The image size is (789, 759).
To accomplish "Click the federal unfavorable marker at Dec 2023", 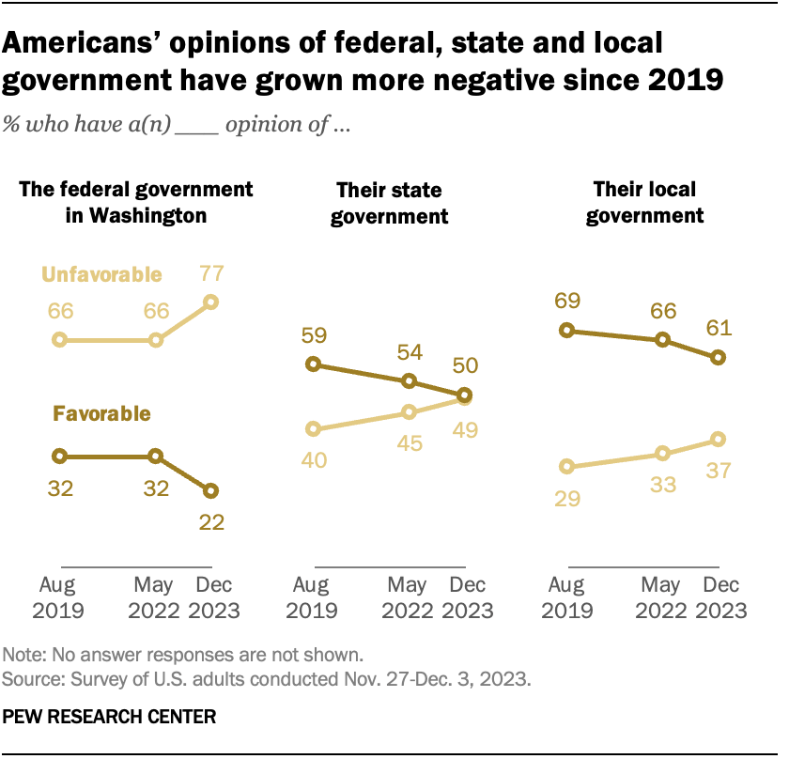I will click(211, 302).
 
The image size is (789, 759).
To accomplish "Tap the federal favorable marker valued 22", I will click(211, 490).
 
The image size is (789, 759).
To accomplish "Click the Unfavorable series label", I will click(102, 274).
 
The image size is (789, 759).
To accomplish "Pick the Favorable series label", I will click(102, 412).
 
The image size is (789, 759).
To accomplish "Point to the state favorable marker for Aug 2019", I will click(315, 364).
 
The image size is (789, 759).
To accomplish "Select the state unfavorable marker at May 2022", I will click(409, 411).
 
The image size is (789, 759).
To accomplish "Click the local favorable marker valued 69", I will click(566, 330).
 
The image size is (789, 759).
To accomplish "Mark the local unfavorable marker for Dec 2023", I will click(719, 439).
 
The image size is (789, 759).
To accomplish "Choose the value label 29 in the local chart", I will click(566, 498).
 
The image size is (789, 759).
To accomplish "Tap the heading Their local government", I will click(644, 202).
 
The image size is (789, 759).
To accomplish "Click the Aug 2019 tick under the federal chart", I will click(59, 597).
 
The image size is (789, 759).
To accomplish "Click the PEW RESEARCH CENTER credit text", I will click(110, 716).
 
